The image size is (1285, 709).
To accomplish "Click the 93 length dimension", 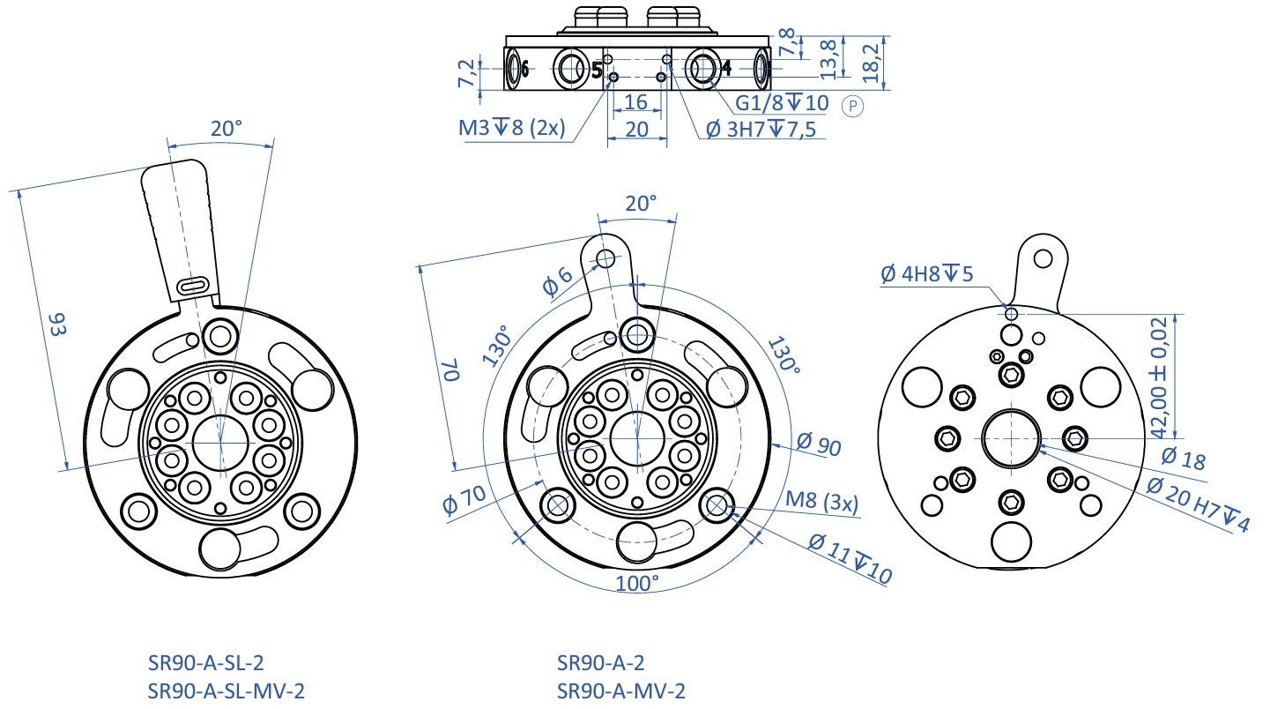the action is point(58,324).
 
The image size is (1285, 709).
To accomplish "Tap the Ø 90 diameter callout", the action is point(819,444).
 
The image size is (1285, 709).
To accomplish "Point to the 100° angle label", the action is point(636,583).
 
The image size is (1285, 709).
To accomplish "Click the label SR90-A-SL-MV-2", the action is point(226,690).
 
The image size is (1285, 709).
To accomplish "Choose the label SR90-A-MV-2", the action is point(620,690).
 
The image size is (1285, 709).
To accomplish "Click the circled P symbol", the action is point(852,106).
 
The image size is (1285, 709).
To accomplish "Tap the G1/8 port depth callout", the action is point(782,103).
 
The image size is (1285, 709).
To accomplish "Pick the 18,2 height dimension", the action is point(870,63).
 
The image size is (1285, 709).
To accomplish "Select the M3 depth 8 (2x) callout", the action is point(512,128).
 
